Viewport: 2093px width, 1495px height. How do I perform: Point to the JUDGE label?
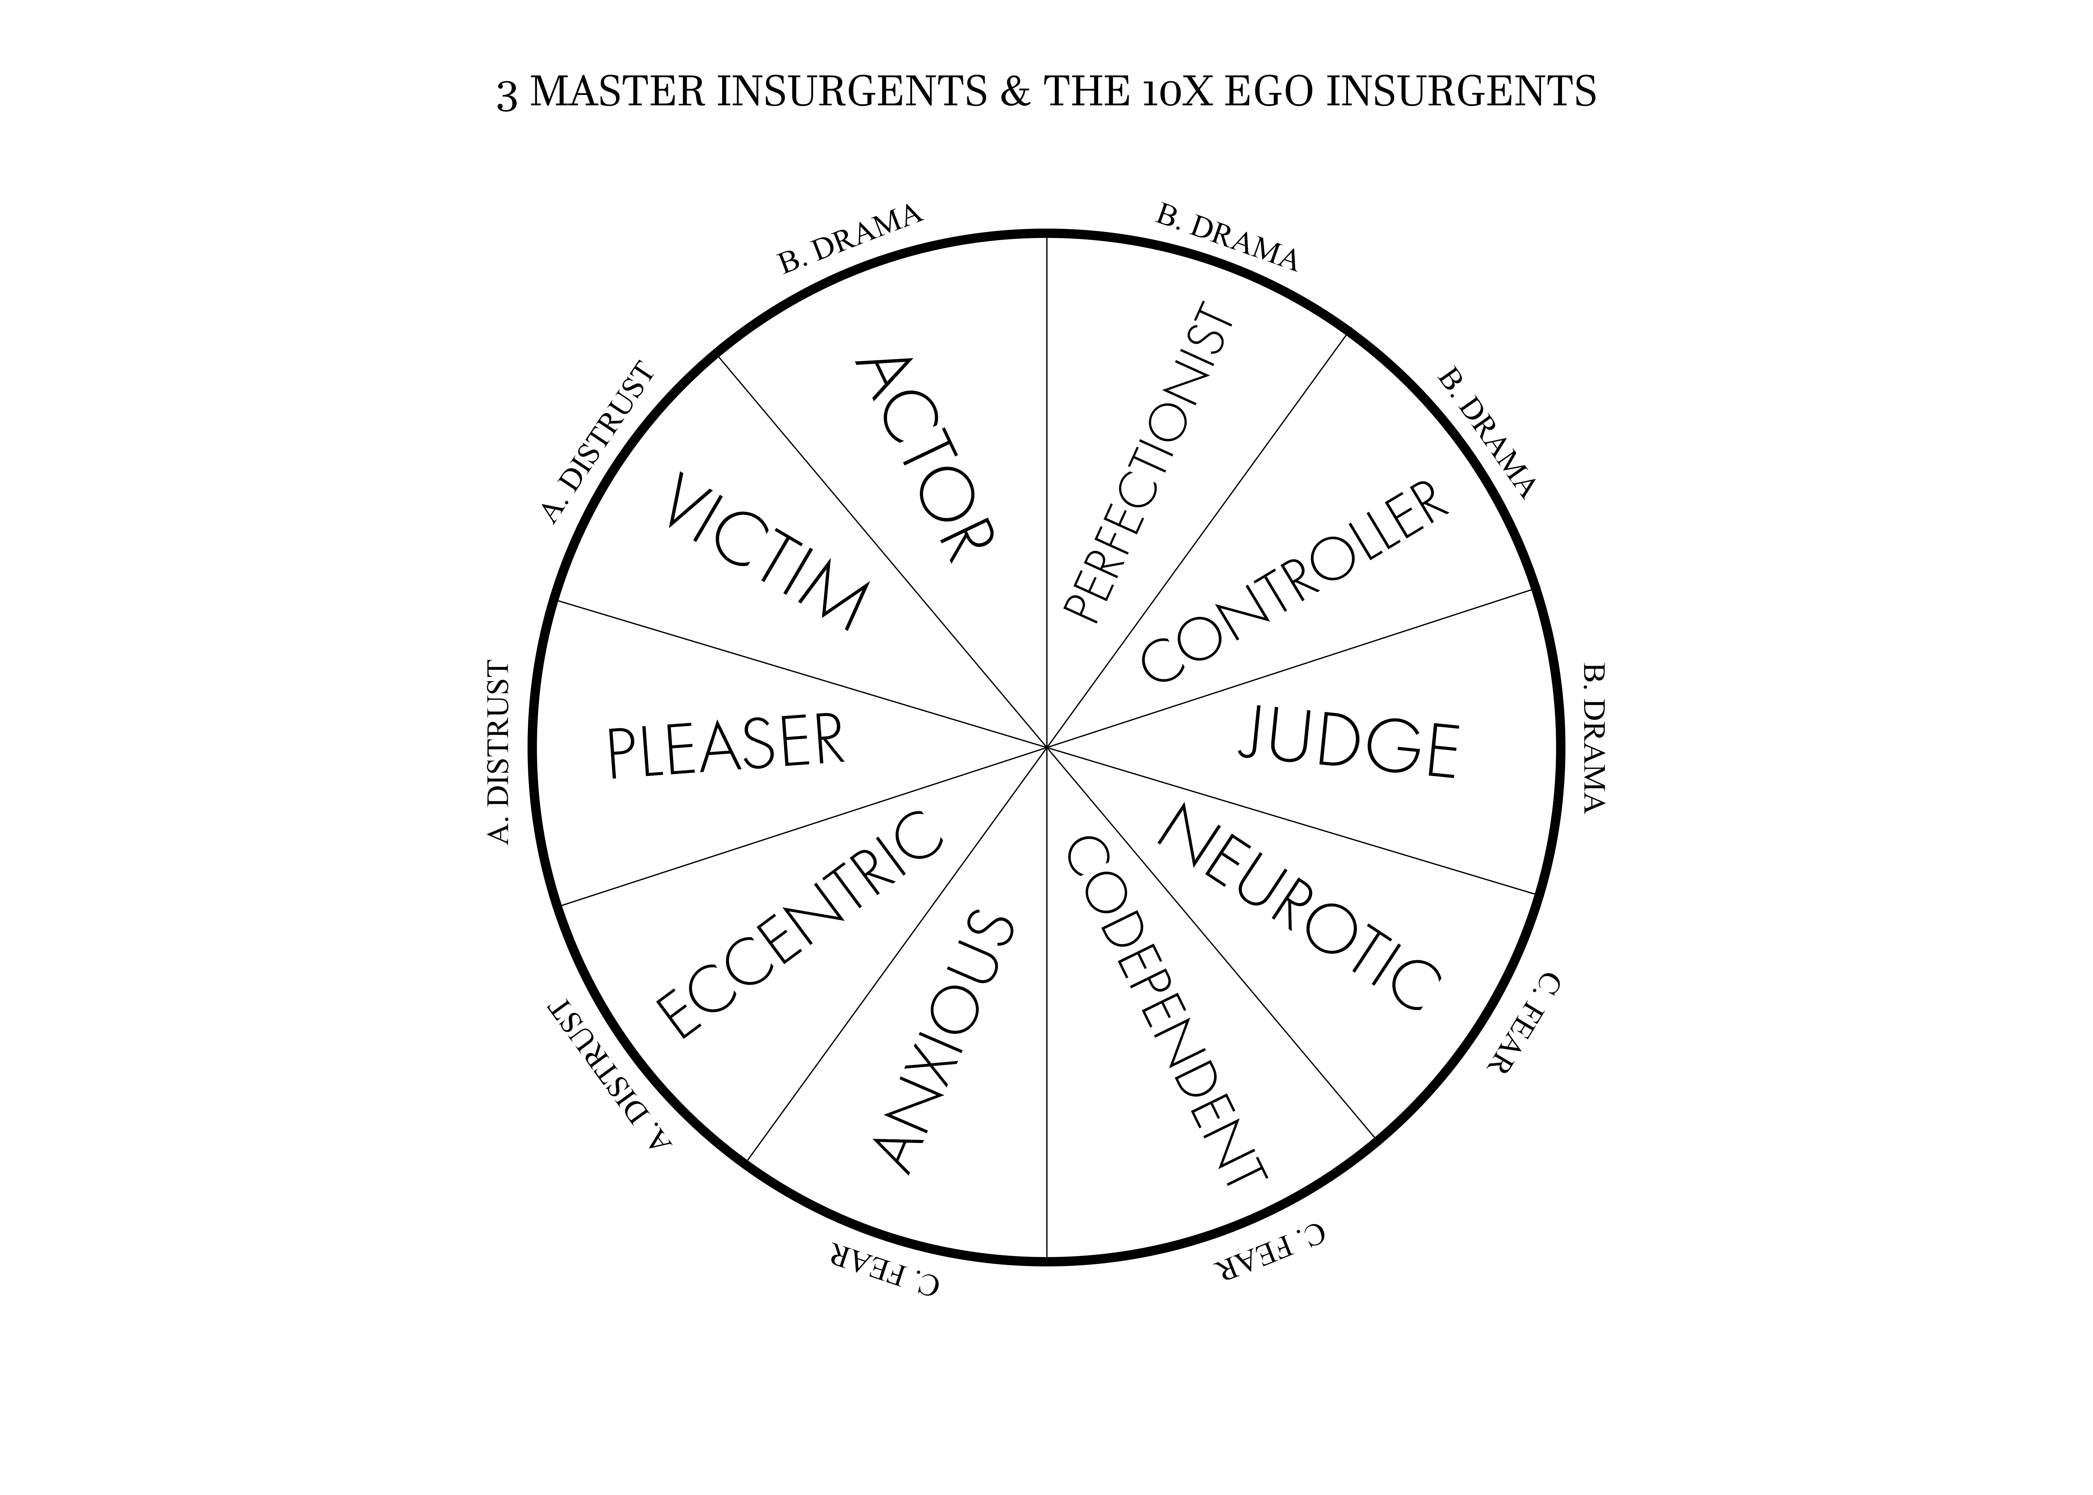1349,746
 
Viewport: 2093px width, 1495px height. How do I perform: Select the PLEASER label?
725,746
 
